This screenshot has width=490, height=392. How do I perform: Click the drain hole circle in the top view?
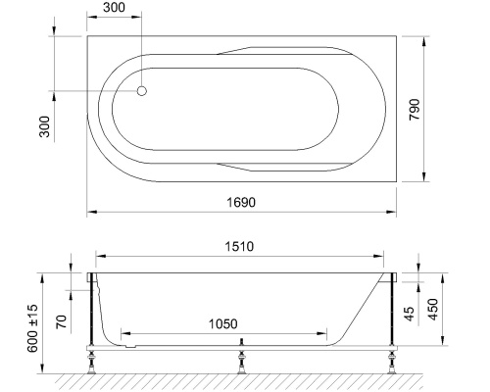coord(141,91)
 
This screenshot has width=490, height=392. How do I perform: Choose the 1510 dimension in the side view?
coord(242,247)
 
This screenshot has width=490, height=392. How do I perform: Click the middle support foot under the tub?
coord(241,361)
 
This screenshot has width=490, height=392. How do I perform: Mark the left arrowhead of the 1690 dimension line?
coord(90,211)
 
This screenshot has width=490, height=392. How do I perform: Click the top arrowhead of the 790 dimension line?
coord(424,40)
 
